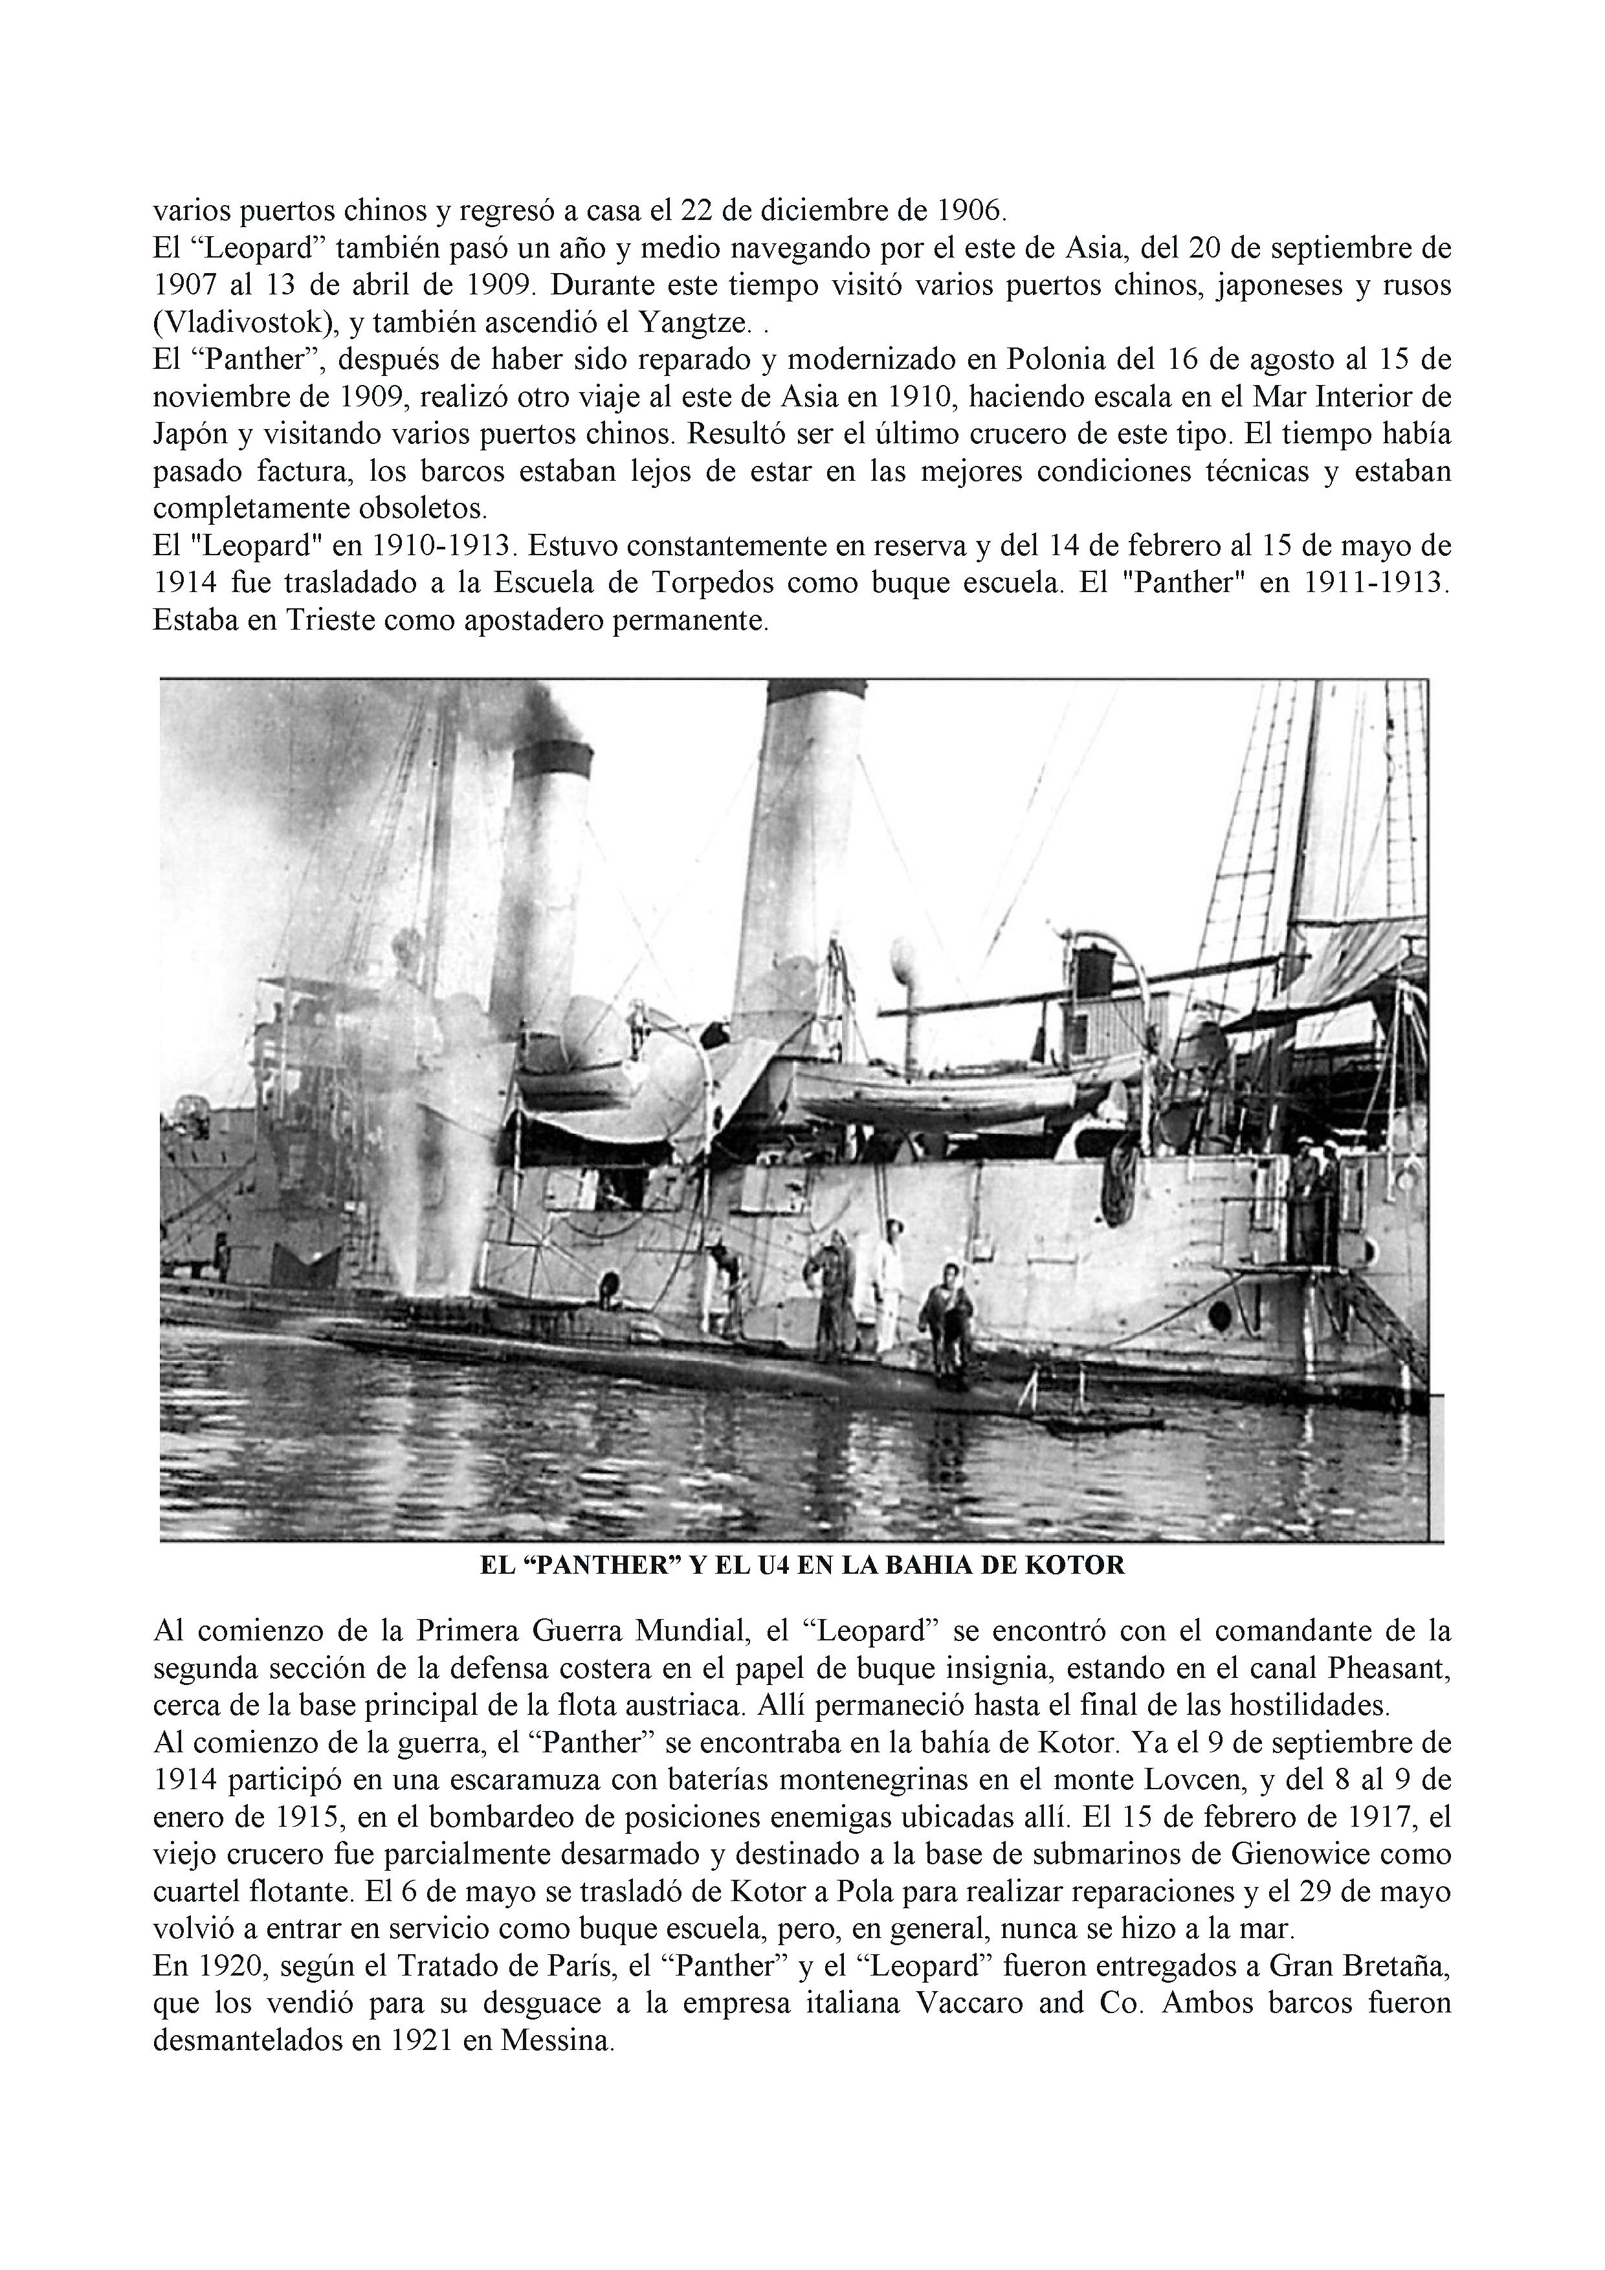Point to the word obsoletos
point(425,509)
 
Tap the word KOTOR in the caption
point(1082,1566)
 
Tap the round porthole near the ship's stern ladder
point(1221,1315)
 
